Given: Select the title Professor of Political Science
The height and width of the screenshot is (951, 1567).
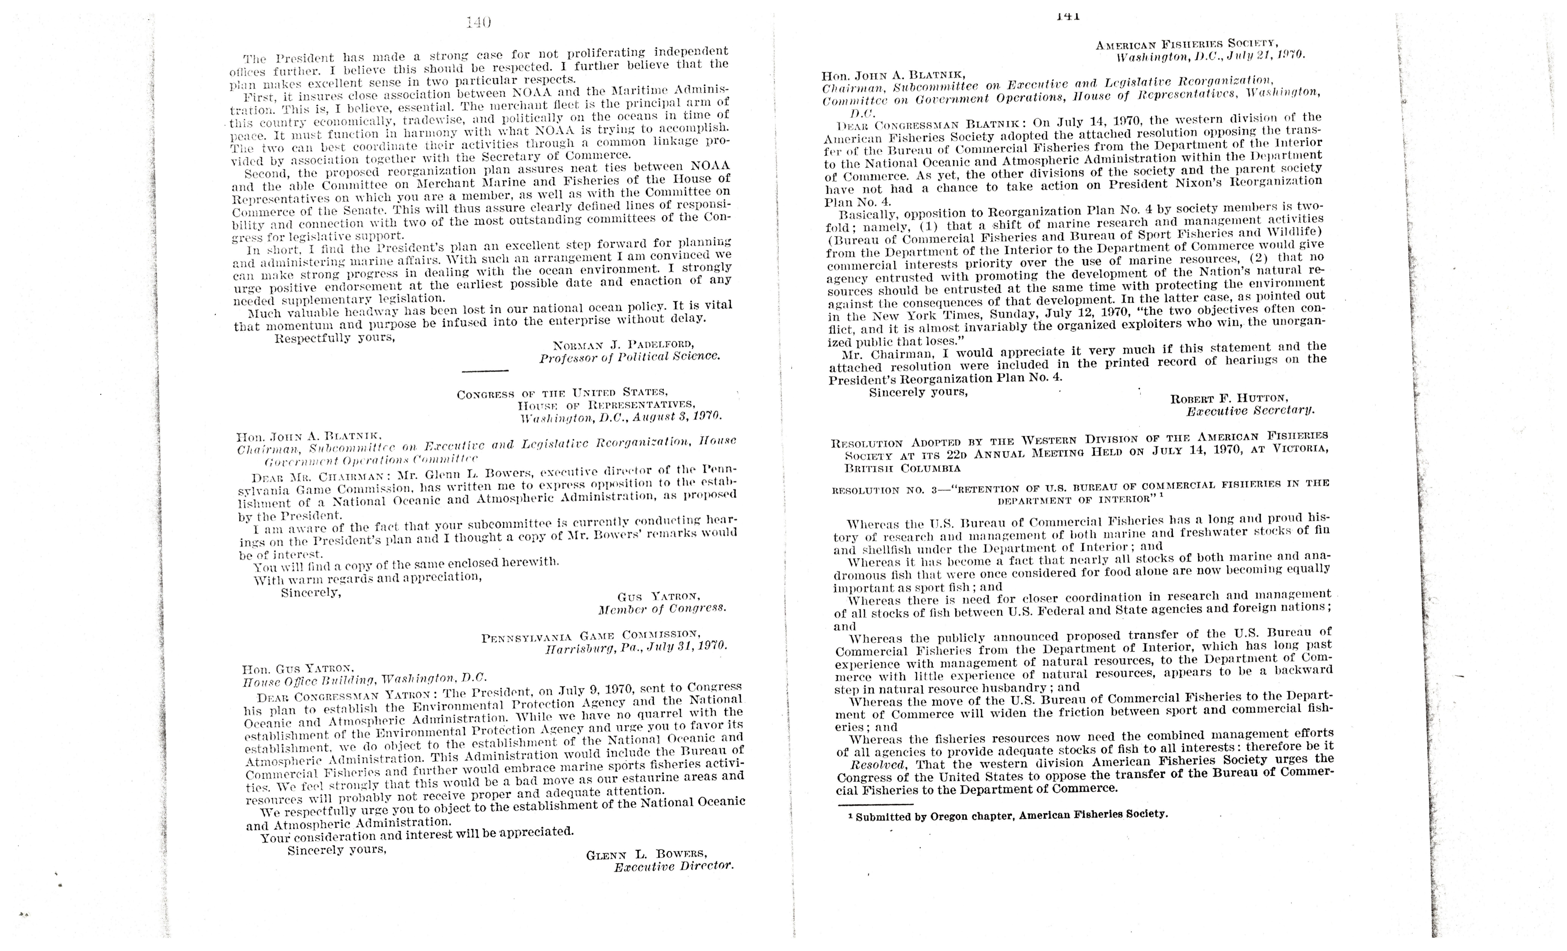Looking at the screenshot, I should click(630, 357).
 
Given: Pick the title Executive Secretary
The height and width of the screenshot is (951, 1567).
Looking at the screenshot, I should click(1250, 411).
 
